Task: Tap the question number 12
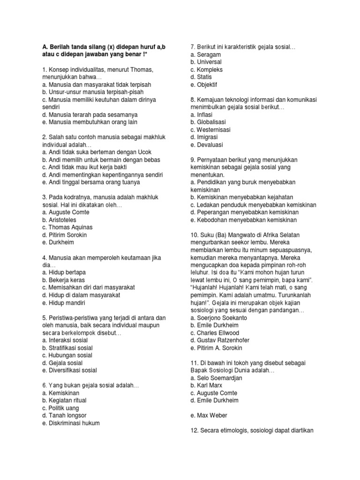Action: (194, 430)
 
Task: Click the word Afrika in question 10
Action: (280, 235)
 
